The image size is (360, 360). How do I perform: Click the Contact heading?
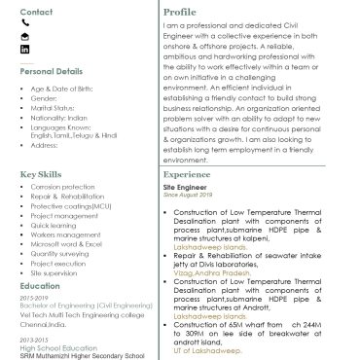tap(36, 13)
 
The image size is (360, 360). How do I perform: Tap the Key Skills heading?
tap(41, 173)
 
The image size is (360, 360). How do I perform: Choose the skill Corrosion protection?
tap(62, 186)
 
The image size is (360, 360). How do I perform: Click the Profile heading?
tap(180, 12)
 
